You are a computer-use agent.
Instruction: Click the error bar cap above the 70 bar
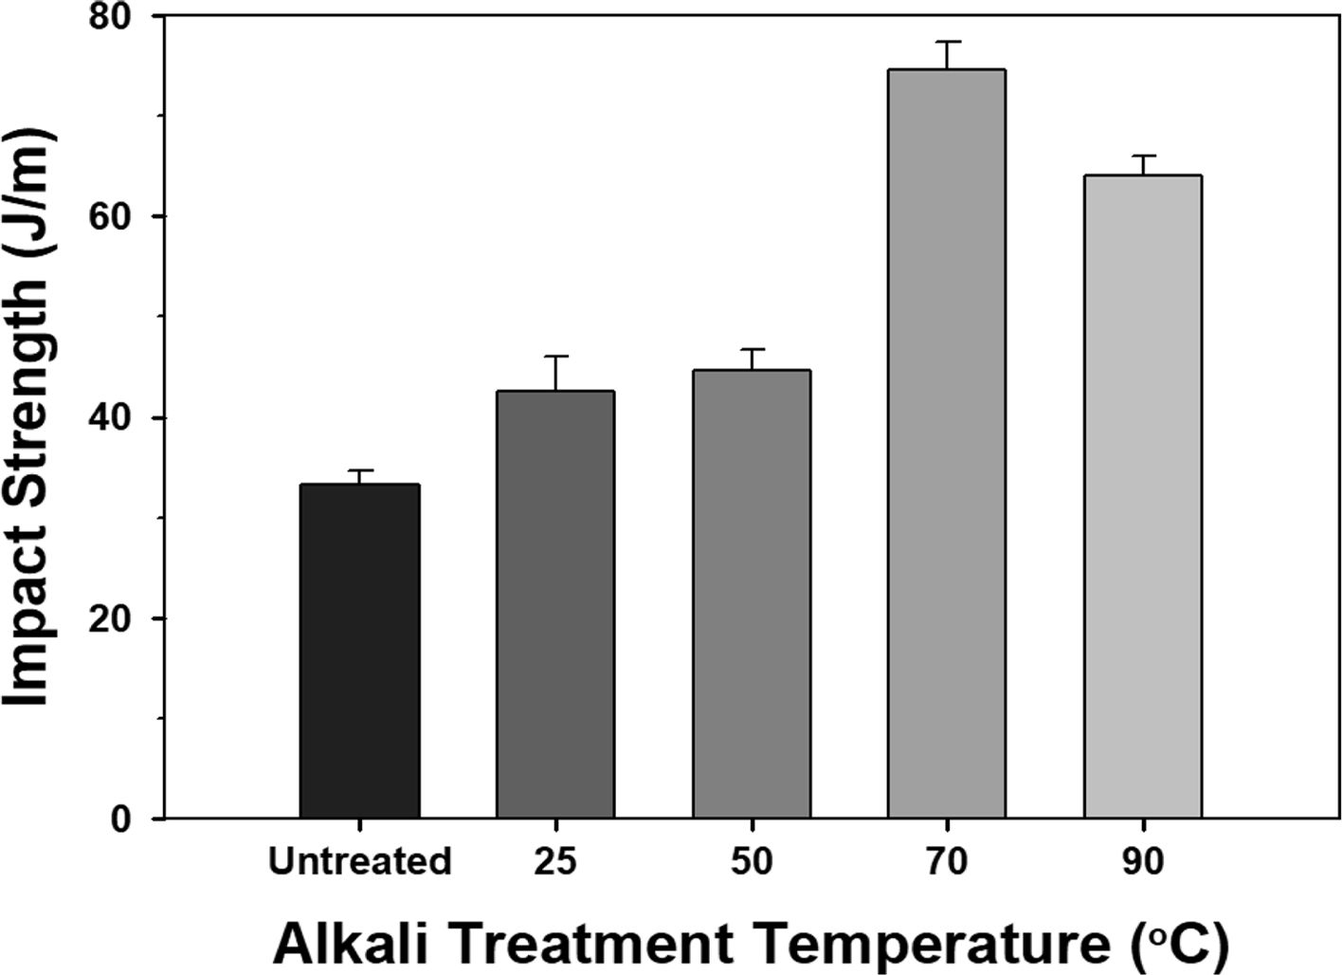(947, 43)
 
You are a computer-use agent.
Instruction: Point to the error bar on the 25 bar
(555, 372)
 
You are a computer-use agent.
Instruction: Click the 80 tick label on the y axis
(117, 17)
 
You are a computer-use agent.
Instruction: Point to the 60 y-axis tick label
(117, 217)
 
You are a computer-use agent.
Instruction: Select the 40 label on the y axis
(117, 418)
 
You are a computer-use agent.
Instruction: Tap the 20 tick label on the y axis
(117, 618)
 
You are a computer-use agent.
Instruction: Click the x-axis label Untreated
(359, 862)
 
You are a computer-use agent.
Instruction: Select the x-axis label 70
(947, 862)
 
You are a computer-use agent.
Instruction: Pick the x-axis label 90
(1143, 862)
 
